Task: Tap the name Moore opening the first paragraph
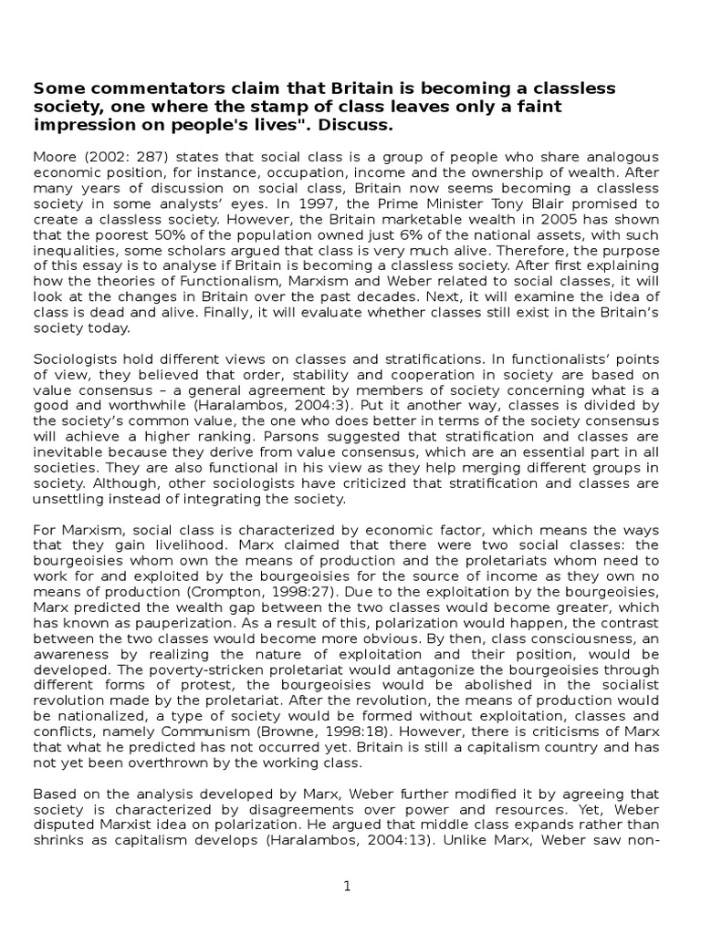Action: pos(53,157)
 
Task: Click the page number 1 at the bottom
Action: pos(348,886)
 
